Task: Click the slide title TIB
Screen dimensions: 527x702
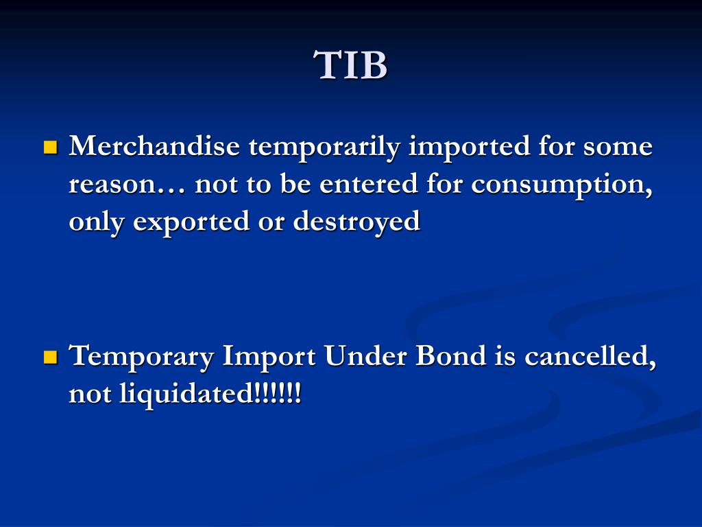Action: pyautogui.click(x=351, y=66)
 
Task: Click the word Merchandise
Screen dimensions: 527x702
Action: pyautogui.click(x=155, y=147)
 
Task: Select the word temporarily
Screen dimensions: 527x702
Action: pyautogui.click(x=324, y=147)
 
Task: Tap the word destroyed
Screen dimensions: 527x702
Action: pyautogui.click(x=356, y=222)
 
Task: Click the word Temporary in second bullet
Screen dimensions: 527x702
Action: pyautogui.click(x=141, y=357)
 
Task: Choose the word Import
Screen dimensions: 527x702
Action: pyautogui.click(x=268, y=357)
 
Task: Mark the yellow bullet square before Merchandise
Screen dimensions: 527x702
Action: pyautogui.click(x=50, y=148)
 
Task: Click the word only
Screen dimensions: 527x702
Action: pyautogui.click(x=97, y=222)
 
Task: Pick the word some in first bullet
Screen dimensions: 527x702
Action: pyautogui.click(x=617, y=147)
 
